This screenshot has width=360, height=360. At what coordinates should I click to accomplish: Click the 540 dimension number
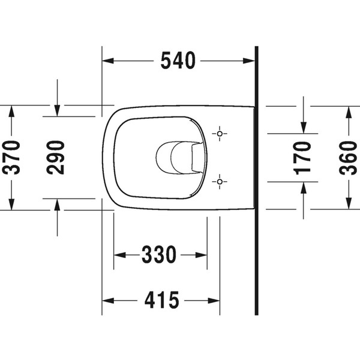tap(178, 61)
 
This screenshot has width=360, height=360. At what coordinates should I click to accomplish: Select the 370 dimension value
tap(12, 157)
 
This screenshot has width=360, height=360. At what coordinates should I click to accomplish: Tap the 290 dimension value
tap(56, 157)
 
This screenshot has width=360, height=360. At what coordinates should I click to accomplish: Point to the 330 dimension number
tap(159, 255)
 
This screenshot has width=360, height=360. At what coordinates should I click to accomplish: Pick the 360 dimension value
tap(349, 157)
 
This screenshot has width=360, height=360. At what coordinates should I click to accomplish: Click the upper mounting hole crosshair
tap(220, 133)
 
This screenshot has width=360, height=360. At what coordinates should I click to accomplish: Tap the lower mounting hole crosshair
tap(220, 180)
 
